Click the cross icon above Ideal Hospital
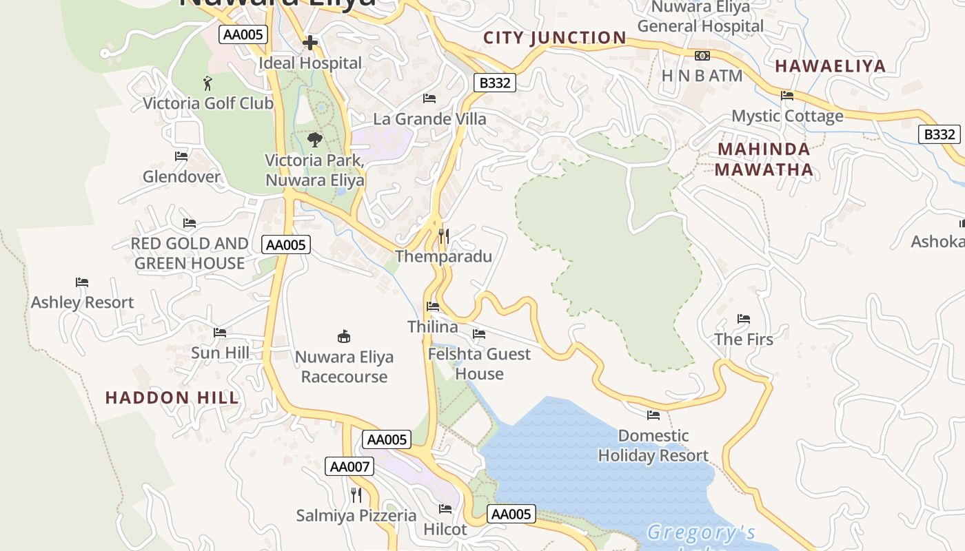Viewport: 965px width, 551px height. click(310, 43)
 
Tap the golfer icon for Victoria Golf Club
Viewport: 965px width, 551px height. click(207, 83)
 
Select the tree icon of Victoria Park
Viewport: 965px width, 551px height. click(315, 140)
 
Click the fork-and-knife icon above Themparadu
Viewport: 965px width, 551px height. click(444, 237)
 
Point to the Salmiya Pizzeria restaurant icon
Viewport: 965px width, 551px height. click(356, 495)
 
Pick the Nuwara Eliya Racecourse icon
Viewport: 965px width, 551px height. click(343, 336)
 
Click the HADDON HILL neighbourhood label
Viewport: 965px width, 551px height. click(172, 397)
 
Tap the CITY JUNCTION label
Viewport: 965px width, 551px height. click(555, 38)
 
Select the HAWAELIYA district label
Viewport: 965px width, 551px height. click(830, 66)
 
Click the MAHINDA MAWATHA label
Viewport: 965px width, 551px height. click(764, 159)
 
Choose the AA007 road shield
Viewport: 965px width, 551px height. click(349, 466)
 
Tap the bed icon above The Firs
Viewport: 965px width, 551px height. click(744, 319)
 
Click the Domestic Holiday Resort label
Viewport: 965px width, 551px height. click(653, 446)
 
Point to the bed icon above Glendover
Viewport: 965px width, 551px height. click(181, 156)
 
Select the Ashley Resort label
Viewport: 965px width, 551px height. click(83, 302)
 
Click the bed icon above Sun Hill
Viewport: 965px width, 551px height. click(220, 333)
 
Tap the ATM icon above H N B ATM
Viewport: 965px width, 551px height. click(702, 56)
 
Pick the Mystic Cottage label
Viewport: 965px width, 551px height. click(787, 116)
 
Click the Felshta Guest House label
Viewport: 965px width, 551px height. click(479, 364)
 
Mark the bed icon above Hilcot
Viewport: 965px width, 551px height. click(445, 509)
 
